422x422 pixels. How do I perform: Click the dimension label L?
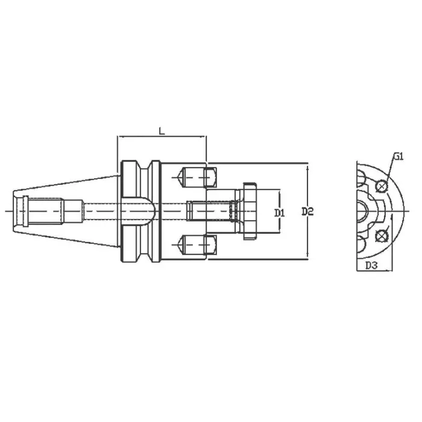point(162,130)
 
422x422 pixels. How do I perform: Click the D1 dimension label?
point(279,212)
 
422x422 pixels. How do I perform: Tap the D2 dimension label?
point(307,212)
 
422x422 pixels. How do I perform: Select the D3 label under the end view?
point(371,265)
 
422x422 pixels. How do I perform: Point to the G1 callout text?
point(398,157)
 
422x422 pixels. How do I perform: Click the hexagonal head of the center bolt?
point(248,212)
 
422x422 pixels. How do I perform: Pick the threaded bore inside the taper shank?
point(45,211)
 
